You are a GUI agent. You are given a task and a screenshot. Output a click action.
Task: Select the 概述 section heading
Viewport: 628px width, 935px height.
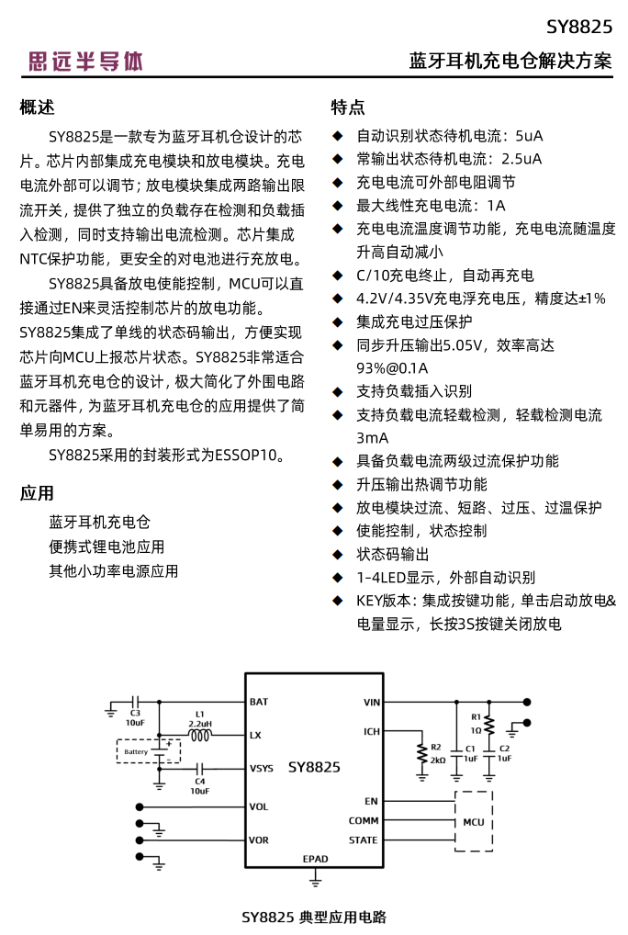coord(38,107)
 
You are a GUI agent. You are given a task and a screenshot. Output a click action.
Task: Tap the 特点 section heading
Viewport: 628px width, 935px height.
coord(348,107)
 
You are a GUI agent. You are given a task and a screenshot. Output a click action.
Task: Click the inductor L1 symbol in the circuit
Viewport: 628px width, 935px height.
coord(199,734)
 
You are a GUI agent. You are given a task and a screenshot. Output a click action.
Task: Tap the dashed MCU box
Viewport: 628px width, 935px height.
coord(473,820)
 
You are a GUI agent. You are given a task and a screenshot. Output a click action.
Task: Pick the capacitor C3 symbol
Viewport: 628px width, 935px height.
coord(135,701)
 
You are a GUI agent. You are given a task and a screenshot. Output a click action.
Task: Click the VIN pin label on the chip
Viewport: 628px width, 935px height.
coord(371,702)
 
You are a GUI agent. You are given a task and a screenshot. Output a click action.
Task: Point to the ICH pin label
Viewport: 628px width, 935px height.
coord(371,731)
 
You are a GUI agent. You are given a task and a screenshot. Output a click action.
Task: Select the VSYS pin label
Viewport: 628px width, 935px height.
coord(262,768)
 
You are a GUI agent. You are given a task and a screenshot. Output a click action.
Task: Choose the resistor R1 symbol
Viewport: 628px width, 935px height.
coord(488,725)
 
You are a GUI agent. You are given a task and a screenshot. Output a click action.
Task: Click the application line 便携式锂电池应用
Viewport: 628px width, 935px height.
coord(107,546)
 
